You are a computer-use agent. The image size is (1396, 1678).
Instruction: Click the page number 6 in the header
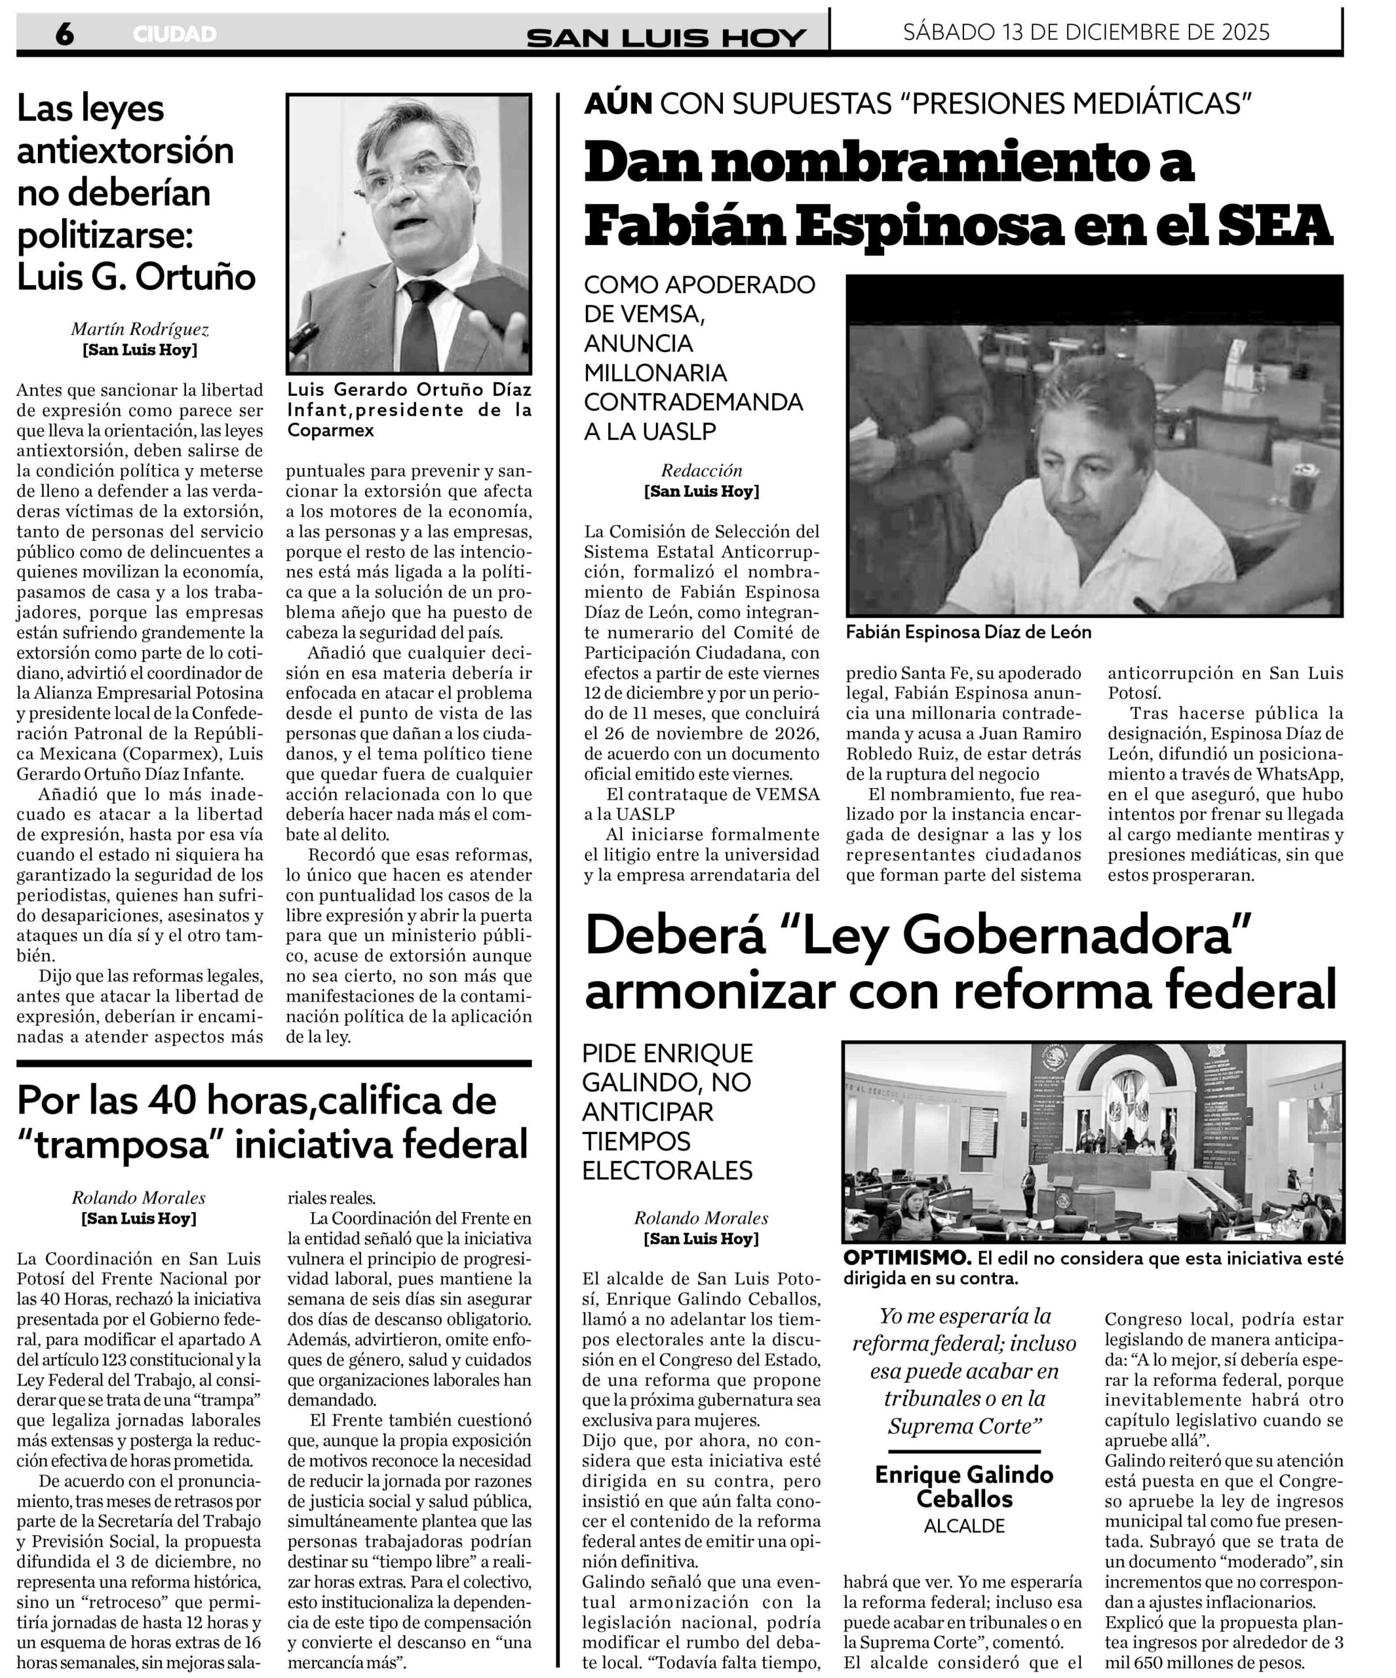(64, 34)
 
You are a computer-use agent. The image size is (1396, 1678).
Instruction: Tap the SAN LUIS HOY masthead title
(666, 37)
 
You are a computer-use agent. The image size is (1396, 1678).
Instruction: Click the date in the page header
(1086, 32)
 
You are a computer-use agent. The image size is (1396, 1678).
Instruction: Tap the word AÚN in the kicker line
(617, 104)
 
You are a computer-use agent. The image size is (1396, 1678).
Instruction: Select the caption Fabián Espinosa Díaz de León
(967, 632)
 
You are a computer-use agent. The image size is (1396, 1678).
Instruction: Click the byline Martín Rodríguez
(140, 329)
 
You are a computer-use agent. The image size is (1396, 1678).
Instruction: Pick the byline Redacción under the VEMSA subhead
(701, 471)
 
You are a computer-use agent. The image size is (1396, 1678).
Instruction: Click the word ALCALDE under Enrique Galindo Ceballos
(965, 1525)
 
